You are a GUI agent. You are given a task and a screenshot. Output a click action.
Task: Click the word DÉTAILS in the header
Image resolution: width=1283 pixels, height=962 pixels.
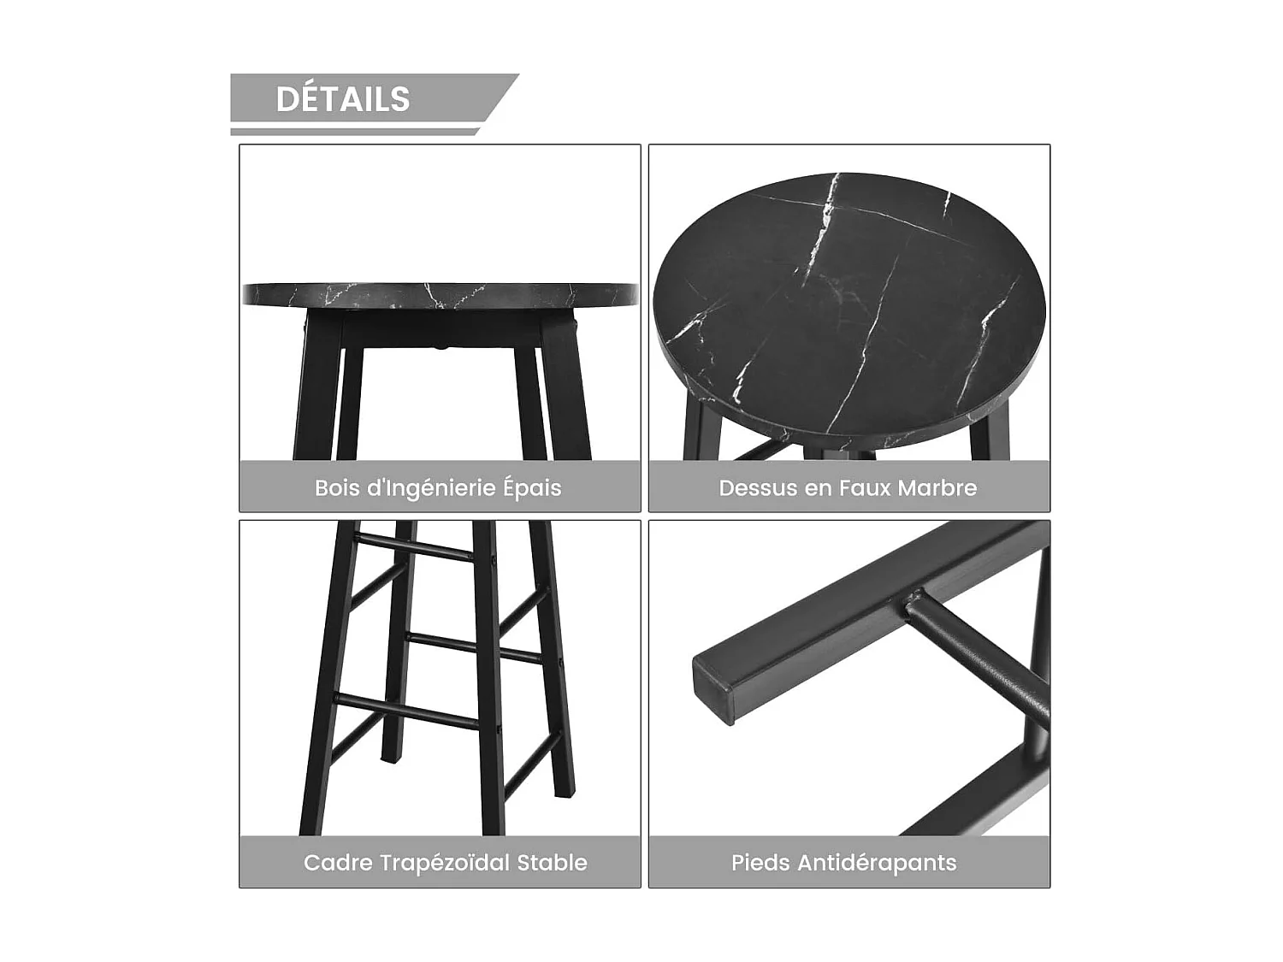343,99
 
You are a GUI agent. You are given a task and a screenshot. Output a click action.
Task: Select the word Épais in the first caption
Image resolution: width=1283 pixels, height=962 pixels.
532,488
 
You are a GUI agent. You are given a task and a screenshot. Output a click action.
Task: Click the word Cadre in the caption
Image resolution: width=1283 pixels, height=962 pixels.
337,863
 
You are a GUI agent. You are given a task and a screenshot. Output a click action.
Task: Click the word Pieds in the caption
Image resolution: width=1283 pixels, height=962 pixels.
760,863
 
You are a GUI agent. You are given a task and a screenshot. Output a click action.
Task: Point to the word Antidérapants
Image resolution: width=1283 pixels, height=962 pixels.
877,863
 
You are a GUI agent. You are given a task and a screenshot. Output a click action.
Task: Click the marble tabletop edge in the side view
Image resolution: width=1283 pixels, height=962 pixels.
440,296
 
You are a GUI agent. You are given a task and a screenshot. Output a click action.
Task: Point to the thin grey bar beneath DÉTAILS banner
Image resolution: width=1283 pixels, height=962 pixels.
352,132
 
